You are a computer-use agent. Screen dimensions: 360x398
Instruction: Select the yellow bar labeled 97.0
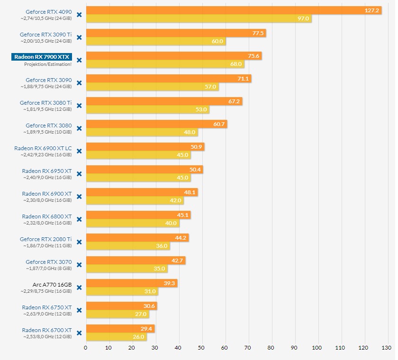coord(199,18)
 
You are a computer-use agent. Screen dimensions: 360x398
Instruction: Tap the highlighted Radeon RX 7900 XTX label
coord(42,57)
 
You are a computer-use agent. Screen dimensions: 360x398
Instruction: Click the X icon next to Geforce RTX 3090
coord(79,83)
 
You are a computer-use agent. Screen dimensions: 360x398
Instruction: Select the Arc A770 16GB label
coord(52,285)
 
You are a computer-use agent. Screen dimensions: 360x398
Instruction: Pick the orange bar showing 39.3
coord(131,283)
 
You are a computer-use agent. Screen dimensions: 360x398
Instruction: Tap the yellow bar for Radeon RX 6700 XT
coord(116,337)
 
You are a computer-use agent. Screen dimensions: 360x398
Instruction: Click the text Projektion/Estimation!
coord(48,64)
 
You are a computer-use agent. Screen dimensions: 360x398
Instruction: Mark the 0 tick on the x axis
coord(86,348)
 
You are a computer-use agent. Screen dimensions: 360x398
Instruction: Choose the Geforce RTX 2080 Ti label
coord(45,239)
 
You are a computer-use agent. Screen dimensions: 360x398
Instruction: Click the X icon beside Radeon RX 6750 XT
coord(79,310)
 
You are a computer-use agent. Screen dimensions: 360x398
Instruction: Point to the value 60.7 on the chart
coord(219,124)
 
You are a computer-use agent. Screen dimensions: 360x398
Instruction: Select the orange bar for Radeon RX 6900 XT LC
coord(145,147)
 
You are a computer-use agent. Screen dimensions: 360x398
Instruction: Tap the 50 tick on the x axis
coord(202,348)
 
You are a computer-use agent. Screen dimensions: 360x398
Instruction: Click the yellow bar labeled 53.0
coord(147,109)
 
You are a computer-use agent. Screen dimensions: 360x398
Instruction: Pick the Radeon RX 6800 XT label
coord(47,216)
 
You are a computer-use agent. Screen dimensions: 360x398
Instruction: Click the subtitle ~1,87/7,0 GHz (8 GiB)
coord(48,269)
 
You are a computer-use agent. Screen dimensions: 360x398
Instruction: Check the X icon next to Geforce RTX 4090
coord(79,15)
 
